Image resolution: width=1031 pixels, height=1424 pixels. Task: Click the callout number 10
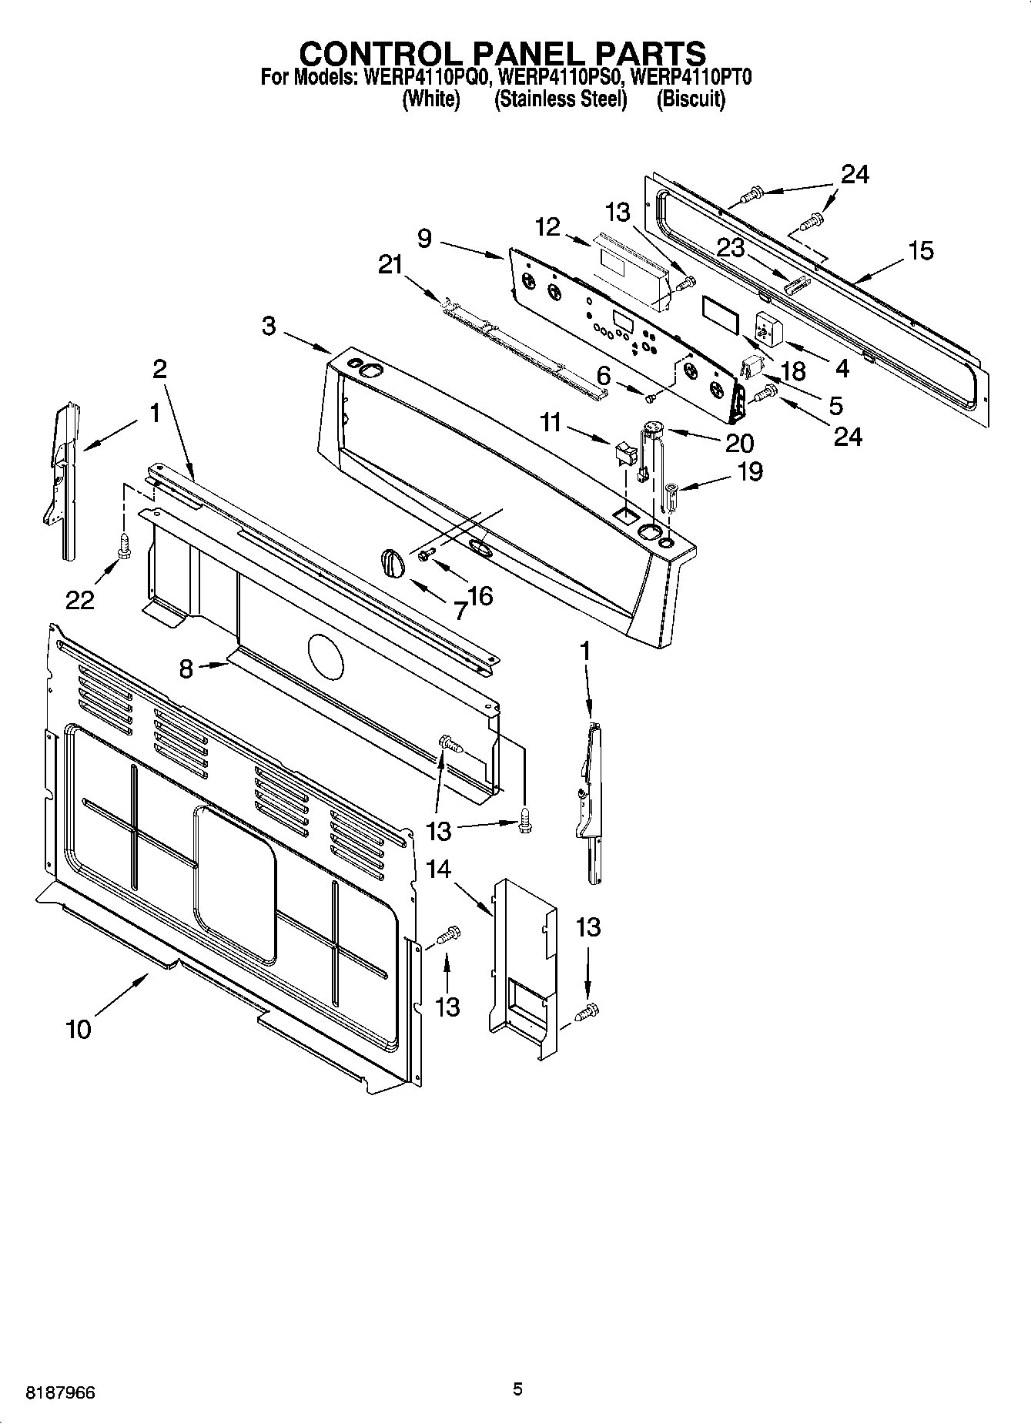(x=79, y=1029)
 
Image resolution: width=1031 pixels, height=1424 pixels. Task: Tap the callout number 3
(x=268, y=326)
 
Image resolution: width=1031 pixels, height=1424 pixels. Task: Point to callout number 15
(x=920, y=250)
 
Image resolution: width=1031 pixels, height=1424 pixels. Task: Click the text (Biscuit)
(x=691, y=99)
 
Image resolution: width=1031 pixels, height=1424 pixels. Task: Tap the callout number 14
(x=438, y=869)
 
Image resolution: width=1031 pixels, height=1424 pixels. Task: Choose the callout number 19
(x=750, y=471)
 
